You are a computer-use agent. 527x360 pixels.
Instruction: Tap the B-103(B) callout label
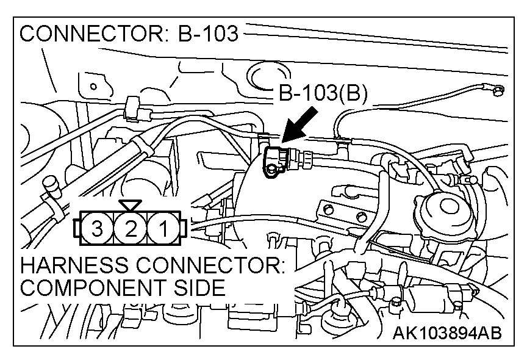tap(323, 95)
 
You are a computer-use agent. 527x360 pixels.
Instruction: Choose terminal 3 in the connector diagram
tap(97, 230)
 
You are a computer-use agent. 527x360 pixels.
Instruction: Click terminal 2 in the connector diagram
tap(130, 230)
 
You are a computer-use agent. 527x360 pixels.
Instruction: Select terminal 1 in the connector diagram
tap(163, 230)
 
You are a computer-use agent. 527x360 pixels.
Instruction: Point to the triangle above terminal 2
tap(130, 205)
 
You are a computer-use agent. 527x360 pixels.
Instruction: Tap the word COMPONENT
tap(91, 288)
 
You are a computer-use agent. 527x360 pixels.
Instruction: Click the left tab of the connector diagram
tap(76, 229)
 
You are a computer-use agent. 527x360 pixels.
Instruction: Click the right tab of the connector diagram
tap(184, 229)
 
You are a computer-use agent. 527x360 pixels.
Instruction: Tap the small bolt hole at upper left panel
tap(94, 86)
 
